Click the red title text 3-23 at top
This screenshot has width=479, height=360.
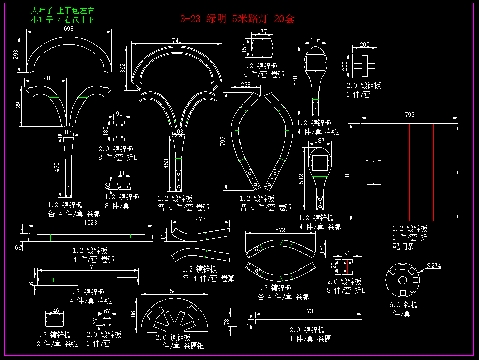click(x=190, y=19)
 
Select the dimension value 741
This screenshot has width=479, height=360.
click(x=176, y=40)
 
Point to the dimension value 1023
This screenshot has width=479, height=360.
click(x=90, y=222)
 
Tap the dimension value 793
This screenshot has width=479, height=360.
click(x=410, y=115)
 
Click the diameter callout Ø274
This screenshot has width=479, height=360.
click(x=433, y=266)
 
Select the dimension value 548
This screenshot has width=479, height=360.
click(x=175, y=291)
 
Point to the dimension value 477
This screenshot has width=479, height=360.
click(x=201, y=219)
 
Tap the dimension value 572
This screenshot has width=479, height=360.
click(x=280, y=230)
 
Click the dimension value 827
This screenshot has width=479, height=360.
click(x=88, y=267)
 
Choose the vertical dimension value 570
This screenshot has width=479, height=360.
click(x=295, y=80)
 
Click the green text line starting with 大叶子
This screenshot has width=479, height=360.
click(x=62, y=10)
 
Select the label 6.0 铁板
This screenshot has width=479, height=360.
click(x=404, y=305)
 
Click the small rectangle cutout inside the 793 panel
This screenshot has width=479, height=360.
click(x=373, y=172)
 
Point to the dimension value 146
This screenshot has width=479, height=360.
click(x=55, y=311)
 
